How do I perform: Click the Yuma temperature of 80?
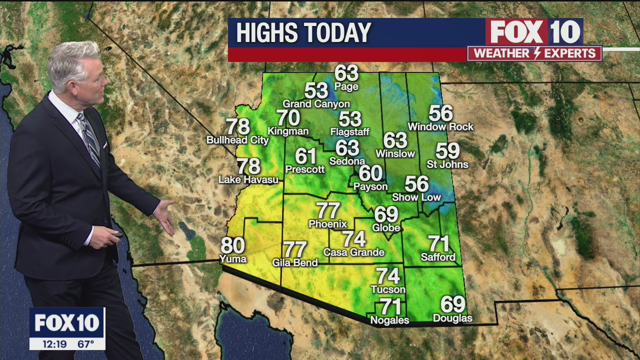coord(232,245)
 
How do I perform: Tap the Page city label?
coord(346,87)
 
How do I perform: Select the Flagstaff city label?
coord(349,132)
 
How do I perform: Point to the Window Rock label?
coord(440,127)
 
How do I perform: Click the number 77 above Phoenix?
coord(328,210)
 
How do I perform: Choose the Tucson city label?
coord(388,289)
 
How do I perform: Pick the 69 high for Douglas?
coord(452,304)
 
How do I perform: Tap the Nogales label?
coord(389,320)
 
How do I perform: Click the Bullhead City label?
coord(237,140)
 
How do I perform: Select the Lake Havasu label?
coord(248,179)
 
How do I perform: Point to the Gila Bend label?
coord(295,262)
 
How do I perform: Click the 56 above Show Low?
coord(416,184)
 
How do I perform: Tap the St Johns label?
coord(447,164)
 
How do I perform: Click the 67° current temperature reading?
coord(86,344)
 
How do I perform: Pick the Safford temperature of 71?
coord(438,244)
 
